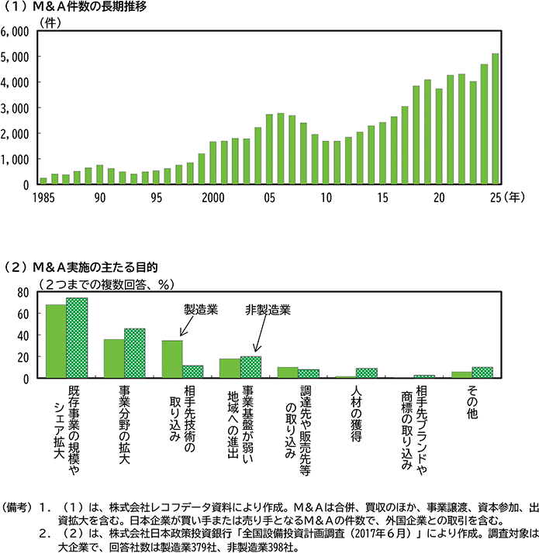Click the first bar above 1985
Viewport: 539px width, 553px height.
click(x=43, y=180)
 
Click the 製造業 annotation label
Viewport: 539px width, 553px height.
click(x=201, y=309)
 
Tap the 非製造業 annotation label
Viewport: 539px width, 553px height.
click(x=268, y=309)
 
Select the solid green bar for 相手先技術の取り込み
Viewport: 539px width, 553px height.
click(x=171, y=359)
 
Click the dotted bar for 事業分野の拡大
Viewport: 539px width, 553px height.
click(x=134, y=353)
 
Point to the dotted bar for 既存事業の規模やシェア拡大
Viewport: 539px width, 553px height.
click(x=77, y=338)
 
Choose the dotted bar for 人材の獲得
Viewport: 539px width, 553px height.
click(x=366, y=373)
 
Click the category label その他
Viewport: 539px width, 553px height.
click(x=471, y=403)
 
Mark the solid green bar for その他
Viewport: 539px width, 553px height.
click(x=461, y=374)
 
